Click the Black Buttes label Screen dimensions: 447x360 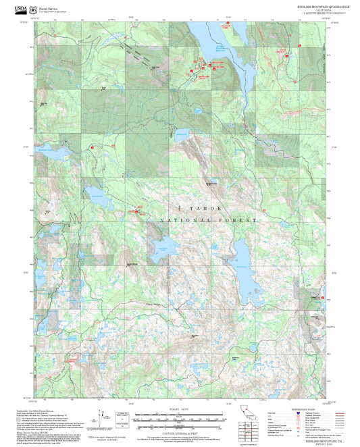196,335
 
